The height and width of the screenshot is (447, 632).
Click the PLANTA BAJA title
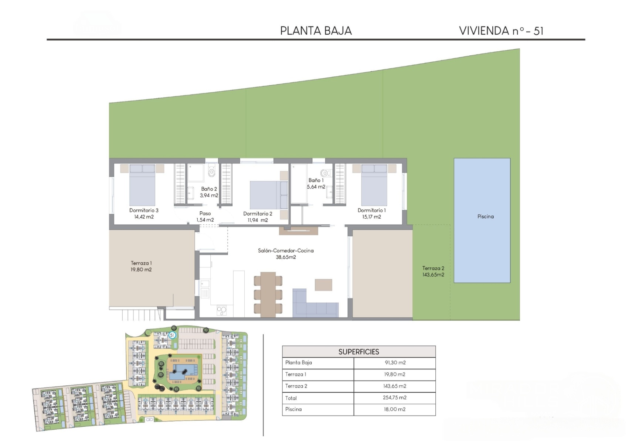(316, 31)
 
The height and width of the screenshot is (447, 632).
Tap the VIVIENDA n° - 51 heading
(501, 31)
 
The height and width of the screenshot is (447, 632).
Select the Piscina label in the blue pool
(486, 216)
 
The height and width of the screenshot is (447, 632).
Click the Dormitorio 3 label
(144, 210)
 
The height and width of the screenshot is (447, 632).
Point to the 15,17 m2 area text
(371, 217)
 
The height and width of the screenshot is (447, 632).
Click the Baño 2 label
(209, 189)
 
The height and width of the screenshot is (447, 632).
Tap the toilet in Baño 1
(325, 173)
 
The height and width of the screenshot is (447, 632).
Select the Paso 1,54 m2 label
(205, 216)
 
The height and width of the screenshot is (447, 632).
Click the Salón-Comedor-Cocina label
(286, 250)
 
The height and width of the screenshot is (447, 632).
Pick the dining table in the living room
(268, 294)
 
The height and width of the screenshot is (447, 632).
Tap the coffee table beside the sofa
(323, 285)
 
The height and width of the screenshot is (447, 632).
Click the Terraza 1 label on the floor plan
(141, 263)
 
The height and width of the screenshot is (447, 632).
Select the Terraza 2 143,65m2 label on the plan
(434, 271)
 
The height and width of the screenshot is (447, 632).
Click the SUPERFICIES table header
(359, 352)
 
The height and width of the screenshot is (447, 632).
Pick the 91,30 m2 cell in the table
(395, 363)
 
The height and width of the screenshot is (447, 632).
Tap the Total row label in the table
(291, 398)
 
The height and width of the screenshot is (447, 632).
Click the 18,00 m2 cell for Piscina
(394, 409)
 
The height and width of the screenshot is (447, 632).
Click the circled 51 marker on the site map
(172, 335)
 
